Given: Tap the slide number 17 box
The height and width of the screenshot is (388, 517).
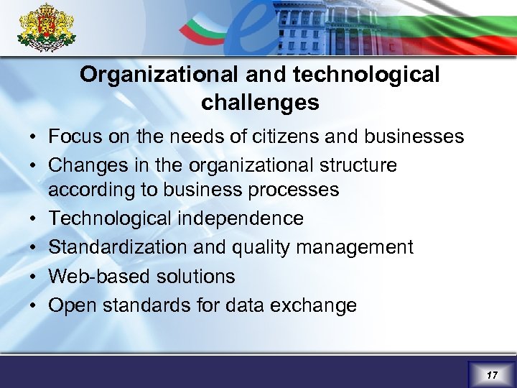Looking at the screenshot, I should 492,375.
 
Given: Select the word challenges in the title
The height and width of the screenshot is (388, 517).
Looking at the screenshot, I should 260,103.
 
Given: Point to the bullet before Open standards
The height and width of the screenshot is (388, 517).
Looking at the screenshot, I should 34,305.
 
